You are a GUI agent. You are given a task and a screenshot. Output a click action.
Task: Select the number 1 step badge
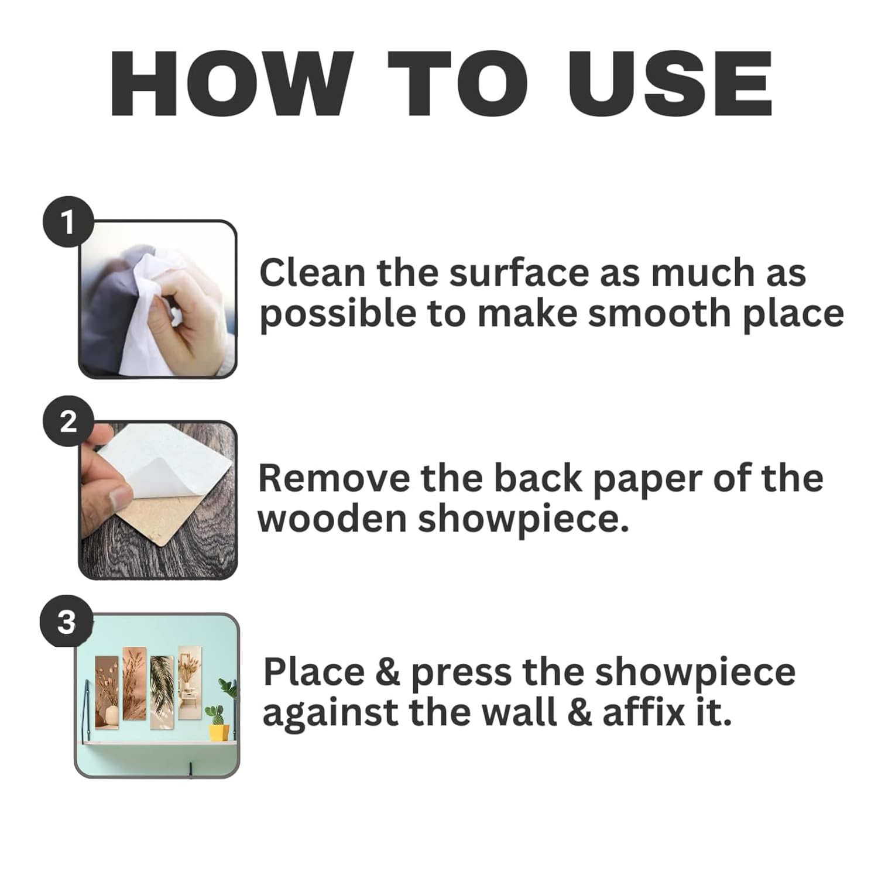point(68,222)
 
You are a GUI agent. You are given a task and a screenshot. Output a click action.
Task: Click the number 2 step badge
point(68,421)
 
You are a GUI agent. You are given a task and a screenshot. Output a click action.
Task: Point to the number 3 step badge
point(66,621)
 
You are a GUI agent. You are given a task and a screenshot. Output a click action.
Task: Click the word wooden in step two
point(332,519)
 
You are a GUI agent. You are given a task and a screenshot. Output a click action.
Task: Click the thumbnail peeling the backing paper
point(158,500)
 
